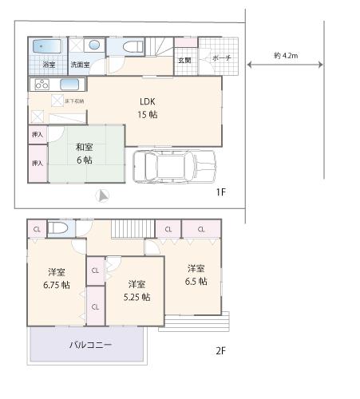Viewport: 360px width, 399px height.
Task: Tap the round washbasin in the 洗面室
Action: (x=93, y=45)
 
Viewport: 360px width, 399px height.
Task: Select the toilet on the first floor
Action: (x=127, y=46)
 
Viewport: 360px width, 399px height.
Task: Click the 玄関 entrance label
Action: (x=184, y=61)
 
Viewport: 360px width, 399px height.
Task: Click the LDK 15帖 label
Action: (x=148, y=108)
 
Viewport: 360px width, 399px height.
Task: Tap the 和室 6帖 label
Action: (x=84, y=153)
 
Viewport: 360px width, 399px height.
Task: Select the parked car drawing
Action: (x=174, y=167)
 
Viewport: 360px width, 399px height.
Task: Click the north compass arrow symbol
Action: (x=101, y=196)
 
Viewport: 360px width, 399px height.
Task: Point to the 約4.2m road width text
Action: (x=285, y=56)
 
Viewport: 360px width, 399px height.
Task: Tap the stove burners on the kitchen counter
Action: (x=41, y=84)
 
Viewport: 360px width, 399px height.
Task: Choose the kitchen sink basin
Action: (x=69, y=84)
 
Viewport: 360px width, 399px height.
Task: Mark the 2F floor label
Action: (x=220, y=350)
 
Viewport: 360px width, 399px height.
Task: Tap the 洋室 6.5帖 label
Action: (x=196, y=275)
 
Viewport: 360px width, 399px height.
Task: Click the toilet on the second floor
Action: (x=58, y=229)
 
